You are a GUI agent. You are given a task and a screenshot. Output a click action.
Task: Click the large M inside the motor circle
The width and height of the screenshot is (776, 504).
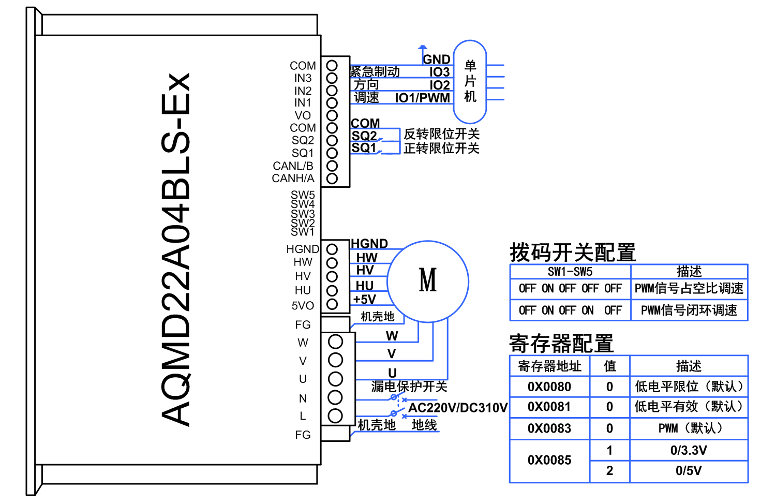pos(428,280)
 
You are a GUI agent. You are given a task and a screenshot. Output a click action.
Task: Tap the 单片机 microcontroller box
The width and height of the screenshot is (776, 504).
pos(470,82)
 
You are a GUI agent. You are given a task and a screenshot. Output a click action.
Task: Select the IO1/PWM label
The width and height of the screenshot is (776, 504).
pos(422,98)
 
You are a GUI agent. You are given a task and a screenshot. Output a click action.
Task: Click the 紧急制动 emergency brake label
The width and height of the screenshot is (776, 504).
pos(375,71)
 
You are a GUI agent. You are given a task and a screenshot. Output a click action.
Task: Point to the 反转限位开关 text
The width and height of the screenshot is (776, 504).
pos(441,134)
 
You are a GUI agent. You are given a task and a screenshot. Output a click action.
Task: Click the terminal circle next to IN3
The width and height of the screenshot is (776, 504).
pos(332,78)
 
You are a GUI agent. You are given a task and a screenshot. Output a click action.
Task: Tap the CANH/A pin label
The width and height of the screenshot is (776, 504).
pos(293,179)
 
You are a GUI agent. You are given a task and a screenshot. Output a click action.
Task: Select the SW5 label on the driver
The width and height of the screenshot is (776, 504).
pos(303,195)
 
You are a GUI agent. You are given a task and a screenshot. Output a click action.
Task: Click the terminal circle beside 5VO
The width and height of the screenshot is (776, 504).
pos(332,304)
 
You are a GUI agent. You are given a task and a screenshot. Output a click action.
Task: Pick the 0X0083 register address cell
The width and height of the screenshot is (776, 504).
pos(549,428)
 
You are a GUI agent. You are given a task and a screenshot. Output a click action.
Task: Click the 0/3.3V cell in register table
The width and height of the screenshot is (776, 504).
pos(689,450)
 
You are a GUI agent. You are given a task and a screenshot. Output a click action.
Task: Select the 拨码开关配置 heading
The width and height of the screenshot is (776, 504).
pos(572,253)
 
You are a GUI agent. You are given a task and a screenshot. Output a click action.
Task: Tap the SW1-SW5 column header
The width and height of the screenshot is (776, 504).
pos(570,272)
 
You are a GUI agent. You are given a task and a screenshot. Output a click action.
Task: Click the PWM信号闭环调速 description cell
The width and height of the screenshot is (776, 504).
pos(689,310)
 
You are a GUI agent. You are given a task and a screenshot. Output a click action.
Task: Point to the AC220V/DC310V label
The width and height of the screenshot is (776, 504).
pos(458,408)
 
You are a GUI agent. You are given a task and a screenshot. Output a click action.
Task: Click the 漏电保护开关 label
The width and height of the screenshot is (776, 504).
pos(409,387)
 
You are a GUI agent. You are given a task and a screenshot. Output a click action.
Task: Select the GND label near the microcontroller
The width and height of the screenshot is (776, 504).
pos(437,60)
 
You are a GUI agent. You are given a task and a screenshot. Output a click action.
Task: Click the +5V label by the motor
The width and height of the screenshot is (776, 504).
pos(364,299)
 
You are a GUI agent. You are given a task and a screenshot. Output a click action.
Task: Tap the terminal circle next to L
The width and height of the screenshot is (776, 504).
pos(335,416)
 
